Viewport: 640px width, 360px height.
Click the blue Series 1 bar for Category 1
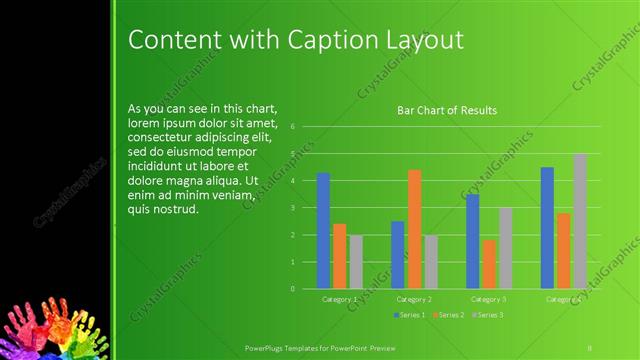coord(323,231)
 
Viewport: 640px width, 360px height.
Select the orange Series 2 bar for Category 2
coord(414,229)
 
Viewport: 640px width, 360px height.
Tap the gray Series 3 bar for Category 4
coord(580,221)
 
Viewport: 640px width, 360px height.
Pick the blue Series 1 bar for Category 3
coord(473,241)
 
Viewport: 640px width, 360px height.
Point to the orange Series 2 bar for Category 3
coord(489,264)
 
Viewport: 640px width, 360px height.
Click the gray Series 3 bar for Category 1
coord(356,261)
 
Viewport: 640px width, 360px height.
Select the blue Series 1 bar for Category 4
coord(547,228)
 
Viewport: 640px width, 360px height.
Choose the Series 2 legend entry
coord(447,315)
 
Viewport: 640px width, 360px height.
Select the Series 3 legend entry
coord(488,315)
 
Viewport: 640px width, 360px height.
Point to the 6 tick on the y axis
coord(292,127)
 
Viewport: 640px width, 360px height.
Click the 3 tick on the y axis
coord(292,208)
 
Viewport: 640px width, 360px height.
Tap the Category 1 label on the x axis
coord(340,299)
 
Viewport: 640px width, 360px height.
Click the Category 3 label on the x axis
coord(488,299)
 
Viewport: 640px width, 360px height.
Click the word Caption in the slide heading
coord(332,40)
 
